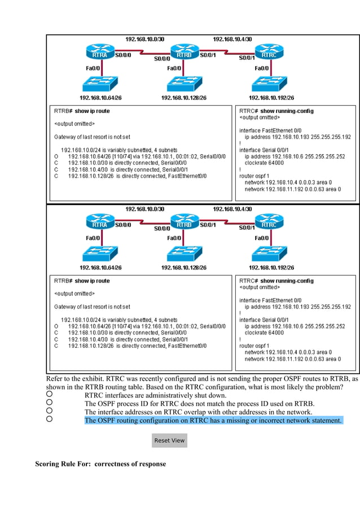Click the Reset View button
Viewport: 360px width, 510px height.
[x=170, y=440]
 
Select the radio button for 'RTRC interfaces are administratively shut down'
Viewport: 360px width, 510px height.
[x=50, y=394]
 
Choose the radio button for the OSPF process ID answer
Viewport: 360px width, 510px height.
[x=50, y=403]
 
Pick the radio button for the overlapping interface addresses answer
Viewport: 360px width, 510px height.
[x=50, y=411]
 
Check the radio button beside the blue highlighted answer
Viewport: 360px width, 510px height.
[x=50, y=420]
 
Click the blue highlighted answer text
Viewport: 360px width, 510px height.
[x=213, y=420]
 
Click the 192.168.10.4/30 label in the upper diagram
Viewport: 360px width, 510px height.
[x=232, y=39]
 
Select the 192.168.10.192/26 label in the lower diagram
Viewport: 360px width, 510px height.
[x=270, y=267]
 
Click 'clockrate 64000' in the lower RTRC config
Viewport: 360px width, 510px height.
[x=264, y=333]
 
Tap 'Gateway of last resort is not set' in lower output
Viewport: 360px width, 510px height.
[x=92, y=306]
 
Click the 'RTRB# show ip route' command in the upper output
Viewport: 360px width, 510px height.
[x=82, y=111]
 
